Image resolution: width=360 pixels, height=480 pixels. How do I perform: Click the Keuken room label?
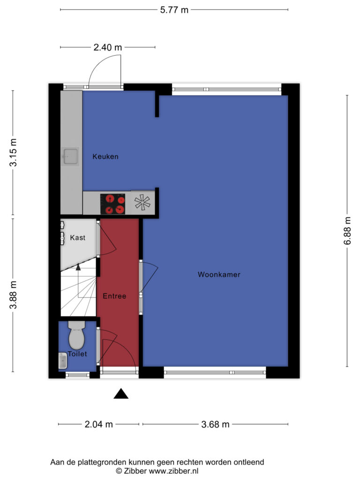105,157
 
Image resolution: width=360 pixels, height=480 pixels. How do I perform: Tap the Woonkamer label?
219,274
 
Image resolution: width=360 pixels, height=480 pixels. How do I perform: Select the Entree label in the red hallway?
114,296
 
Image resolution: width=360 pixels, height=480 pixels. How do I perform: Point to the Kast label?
77,238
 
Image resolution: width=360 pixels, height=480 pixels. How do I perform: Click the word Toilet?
77,354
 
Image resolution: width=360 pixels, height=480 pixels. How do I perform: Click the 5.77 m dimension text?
174,10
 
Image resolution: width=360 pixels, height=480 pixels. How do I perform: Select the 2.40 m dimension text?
107,47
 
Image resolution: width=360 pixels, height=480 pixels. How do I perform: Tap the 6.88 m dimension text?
347,231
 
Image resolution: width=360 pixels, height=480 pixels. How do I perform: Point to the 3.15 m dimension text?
13,152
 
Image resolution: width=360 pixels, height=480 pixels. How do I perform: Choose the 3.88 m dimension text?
13,295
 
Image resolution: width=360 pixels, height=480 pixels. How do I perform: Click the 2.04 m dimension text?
98,424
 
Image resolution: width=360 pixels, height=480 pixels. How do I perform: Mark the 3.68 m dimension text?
215,424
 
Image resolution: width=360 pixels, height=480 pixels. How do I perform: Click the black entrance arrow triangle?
121,394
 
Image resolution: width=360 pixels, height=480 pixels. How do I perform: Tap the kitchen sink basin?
70,157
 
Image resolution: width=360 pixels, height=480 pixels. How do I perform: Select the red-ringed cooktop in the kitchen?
112,204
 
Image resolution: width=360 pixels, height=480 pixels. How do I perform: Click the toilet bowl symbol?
76,335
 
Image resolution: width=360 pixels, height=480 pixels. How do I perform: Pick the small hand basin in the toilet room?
63,360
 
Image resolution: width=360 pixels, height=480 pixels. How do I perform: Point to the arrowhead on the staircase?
78,267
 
